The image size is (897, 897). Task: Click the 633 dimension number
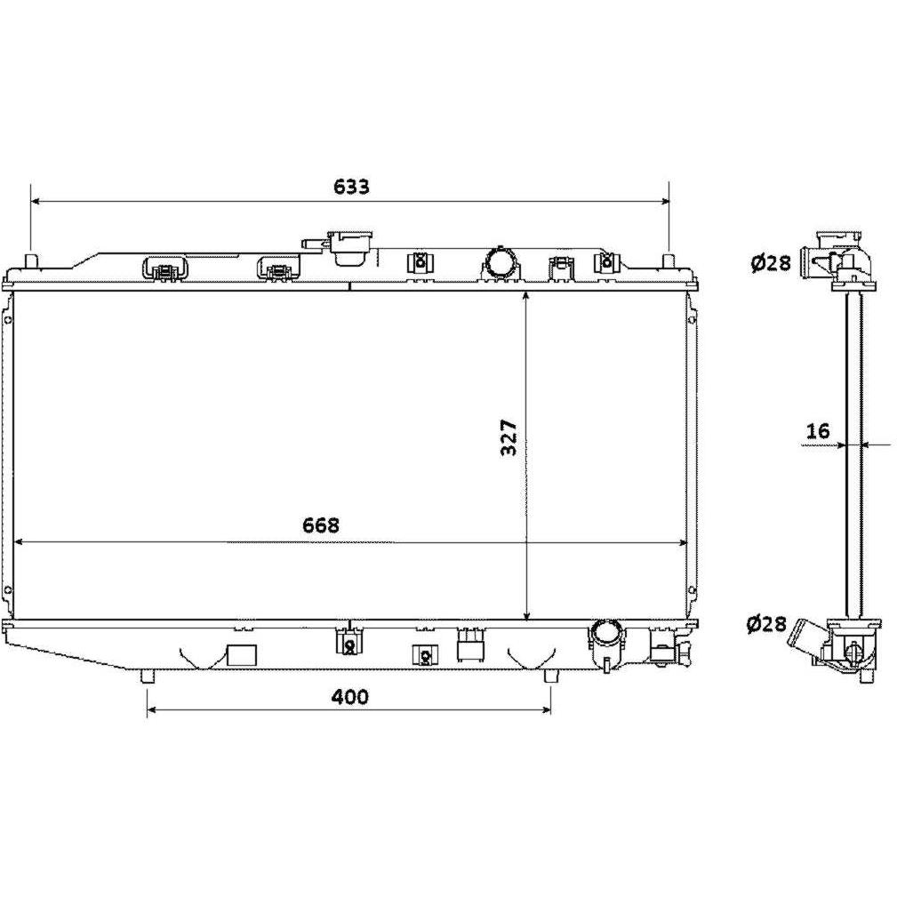coord(351,187)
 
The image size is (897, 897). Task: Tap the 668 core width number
coord(321,525)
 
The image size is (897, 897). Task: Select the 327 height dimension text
coord(509,437)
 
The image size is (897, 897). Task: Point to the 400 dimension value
coord(350,696)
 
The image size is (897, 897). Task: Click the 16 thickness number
coord(818,430)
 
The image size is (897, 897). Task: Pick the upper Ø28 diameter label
coord(771,262)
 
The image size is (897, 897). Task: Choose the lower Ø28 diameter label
coord(766,623)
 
